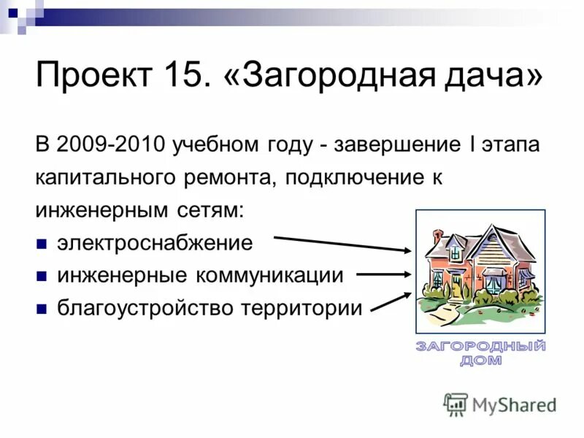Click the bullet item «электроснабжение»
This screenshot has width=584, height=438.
point(155,242)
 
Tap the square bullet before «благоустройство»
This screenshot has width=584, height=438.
point(42,309)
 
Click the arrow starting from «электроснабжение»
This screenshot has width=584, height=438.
point(343,243)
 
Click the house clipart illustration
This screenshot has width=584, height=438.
point(480,271)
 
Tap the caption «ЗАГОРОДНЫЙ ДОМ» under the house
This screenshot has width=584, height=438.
point(480,353)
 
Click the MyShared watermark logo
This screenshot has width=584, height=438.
point(500,404)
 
